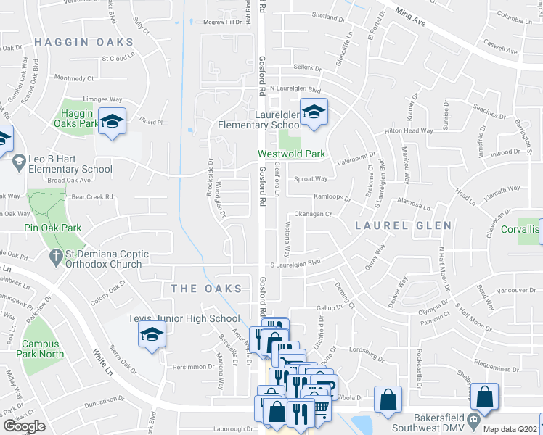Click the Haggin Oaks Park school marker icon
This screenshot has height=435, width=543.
113,120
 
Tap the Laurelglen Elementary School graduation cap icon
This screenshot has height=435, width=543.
314,112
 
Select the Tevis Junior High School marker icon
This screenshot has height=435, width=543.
152,334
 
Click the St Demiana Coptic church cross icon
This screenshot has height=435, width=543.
55,257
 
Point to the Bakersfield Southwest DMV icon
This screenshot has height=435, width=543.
473,420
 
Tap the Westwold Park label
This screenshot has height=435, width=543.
293,154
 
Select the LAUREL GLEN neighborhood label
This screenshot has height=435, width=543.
403,225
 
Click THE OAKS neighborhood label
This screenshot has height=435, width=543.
206,289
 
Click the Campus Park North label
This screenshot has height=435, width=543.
43,349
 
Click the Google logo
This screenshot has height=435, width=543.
24,426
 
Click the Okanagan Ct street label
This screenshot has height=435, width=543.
317,214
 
